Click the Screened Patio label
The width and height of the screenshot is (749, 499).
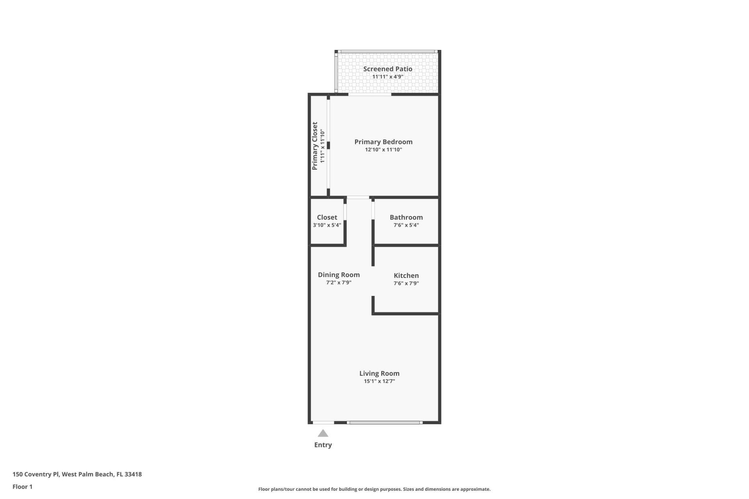tap(387, 69)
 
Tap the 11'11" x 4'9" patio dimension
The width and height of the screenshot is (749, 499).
tap(387, 77)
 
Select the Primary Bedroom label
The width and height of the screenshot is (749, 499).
tap(383, 142)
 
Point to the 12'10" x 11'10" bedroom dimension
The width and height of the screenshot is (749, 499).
tap(383, 150)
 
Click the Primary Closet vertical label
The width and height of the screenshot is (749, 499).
tap(315, 146)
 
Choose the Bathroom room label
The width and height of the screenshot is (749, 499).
tap(406, 218)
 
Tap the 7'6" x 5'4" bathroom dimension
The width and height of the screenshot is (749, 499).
tap(406, 225)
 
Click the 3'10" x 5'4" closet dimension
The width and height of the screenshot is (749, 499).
tap(327, 225)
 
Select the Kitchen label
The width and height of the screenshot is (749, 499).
tap(406, 276)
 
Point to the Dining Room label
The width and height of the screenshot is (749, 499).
tap(339, 275)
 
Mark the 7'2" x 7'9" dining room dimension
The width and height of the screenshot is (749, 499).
tap(339, 283)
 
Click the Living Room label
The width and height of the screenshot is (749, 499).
tap(379, 373)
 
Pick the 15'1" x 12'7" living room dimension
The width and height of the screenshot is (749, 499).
tap(379, 381)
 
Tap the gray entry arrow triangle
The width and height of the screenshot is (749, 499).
tap(323, 433)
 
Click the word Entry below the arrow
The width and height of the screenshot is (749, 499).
tap(323, 445)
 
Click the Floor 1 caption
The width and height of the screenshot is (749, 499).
tap(22, 487)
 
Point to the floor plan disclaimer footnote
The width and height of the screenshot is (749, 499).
tap(374, 489)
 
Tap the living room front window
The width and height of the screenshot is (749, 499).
tap(385, 422)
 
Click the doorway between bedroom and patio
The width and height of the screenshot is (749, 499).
tap(369, 94)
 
